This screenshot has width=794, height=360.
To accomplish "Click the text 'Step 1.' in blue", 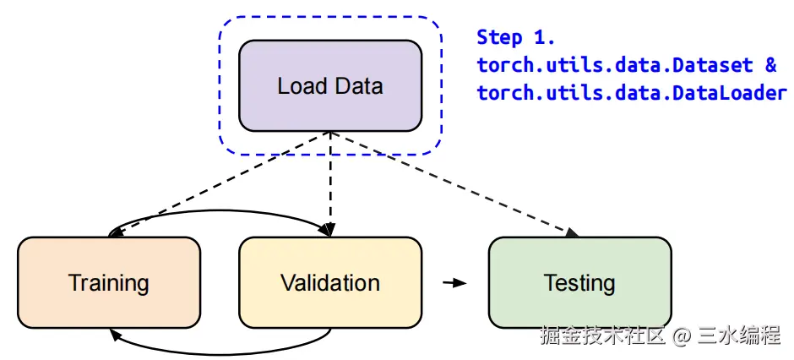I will point(515,37).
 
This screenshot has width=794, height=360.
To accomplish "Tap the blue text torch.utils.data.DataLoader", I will point(632,93).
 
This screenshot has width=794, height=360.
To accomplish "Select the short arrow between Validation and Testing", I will point(454,282).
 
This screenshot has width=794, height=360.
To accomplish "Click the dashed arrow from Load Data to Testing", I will point(456,183).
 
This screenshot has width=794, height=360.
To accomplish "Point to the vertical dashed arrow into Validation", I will point(330,182).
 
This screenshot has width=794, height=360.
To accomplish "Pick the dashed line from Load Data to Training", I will point(220,183).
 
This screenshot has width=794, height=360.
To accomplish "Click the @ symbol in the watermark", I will point(683,335).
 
